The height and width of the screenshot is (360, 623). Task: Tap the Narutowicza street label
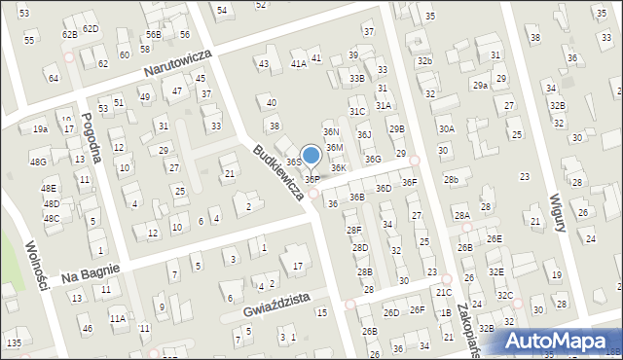click(178, 61)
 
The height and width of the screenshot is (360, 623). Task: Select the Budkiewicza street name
click(277, 173)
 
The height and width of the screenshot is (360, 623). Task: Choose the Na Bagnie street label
click(90, 268)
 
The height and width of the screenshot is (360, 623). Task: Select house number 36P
click(312, 179)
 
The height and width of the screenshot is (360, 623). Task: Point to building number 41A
click(299, 63)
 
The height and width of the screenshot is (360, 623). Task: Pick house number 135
click(14, 343)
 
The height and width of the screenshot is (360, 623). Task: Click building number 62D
click(91, 28)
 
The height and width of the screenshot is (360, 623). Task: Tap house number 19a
click(40, 128)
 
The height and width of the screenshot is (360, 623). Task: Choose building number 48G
click(38, 162)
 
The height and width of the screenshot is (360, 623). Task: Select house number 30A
click(446, 128)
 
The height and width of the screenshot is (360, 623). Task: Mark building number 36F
click(409, 182)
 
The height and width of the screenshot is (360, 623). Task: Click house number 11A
click(117, 318)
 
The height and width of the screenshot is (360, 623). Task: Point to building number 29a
click(480, 86)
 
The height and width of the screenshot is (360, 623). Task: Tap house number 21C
click(444, 292)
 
